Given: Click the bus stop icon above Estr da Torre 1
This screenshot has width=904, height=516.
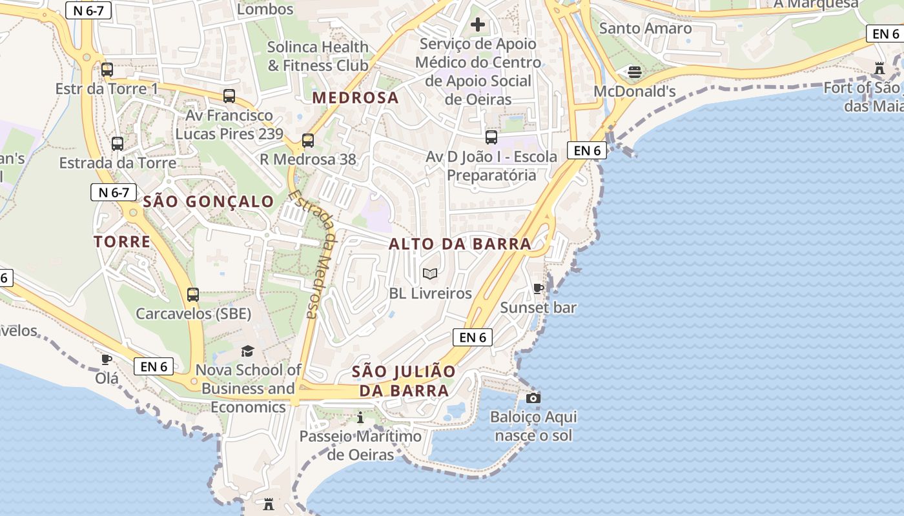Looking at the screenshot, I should tap(107, 70).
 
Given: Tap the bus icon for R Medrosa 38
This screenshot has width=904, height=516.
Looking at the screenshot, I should tap(308, 140).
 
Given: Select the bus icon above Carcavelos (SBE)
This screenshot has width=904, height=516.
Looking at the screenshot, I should tap(192, 295).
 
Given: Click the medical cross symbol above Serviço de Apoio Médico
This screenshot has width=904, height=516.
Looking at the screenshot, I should tap(478, 25).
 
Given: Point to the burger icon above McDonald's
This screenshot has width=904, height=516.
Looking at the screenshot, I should tap(634, 72).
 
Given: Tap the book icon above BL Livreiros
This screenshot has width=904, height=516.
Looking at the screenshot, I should tap(430, 274).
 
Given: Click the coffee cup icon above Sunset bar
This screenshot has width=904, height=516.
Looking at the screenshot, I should tap(538, 288).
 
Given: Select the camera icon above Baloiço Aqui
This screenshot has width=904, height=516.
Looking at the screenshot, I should tap(533, 398).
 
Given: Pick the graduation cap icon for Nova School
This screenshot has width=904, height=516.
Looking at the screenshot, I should tap(248, 351).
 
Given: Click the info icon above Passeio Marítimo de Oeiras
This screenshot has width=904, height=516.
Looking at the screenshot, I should tap(360, 417).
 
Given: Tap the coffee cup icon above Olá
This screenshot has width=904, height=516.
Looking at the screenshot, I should tap(107, 359).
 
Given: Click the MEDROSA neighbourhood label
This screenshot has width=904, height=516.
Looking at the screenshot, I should tap(356, 98).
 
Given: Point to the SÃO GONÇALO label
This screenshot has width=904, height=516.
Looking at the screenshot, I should tap(209, 202).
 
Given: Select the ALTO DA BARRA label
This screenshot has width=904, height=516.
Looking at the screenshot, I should tap(460, 244).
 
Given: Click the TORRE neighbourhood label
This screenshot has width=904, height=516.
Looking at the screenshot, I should tap(122, 242).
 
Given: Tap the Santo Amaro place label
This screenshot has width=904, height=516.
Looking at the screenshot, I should tap(645, 28).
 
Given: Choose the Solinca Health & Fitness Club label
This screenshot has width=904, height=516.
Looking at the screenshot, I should tap(318, 56).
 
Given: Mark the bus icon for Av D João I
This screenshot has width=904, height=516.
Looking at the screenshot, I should tap(491, 137).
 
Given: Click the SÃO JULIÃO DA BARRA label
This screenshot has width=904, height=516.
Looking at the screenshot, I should tap(404, 381).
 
